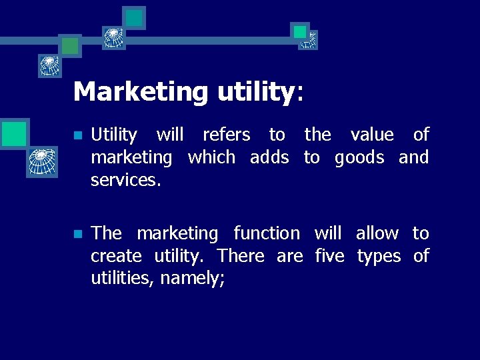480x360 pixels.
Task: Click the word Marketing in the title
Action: coord(141,91)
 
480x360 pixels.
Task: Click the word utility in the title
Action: coord(255,92)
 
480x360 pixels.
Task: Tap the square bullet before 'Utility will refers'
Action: coord(77,135)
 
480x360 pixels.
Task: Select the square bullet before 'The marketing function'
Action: coord(77,234)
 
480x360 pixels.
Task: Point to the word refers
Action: coord(226,135)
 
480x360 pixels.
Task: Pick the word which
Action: coord(211,158)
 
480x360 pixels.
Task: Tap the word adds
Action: coord(269,158)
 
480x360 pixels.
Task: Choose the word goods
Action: coord(359,159)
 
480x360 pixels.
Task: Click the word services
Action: coord(125,181)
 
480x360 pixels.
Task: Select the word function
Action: coord(267,233)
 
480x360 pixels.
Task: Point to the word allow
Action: coord(377,233)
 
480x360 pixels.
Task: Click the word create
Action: coord(116,256)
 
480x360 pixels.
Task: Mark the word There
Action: coord(241,256)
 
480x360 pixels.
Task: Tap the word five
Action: coord(329,256)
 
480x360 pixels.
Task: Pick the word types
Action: coord(379,257)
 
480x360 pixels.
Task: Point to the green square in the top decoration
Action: coord(70,45)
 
